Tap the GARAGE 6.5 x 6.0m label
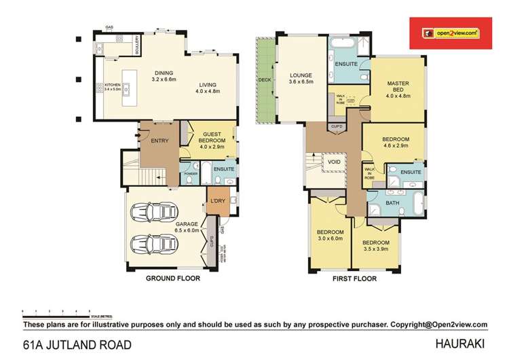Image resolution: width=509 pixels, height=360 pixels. click(169, 227)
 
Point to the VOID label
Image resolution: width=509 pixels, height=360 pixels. click(333, 162)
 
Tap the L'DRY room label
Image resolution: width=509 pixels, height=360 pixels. click(217, 201)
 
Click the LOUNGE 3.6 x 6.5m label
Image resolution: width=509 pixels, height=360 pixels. click(300, 79)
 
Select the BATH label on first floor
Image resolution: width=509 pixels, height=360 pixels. click(392, 203)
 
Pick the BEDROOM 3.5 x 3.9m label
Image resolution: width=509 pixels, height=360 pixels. click(375, 246)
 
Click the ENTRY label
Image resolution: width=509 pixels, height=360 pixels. click(160, 140)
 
